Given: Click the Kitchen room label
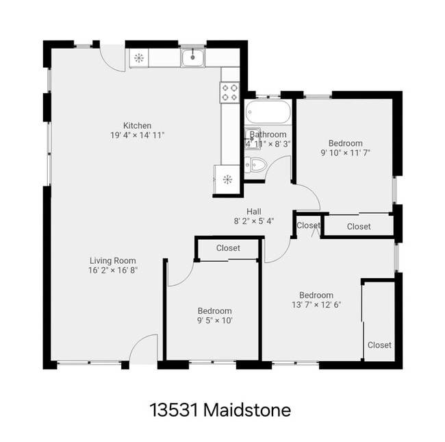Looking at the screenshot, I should [x=137, y=125].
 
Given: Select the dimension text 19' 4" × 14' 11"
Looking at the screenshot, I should [x=137, y=136].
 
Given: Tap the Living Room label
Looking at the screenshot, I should [x=113, y=260].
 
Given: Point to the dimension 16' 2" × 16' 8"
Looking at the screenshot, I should [x=113, y=271].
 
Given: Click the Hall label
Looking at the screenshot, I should [x=254, y=211].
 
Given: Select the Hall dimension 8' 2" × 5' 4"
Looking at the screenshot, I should [x=254, y=221].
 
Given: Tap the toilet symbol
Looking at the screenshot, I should [x=254, y=164].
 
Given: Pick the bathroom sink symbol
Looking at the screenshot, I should [x=252, y=135].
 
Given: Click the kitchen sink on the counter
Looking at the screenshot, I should [x=193, y=58].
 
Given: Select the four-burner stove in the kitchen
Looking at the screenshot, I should [x=229, y=93].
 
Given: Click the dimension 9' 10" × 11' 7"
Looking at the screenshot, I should [x=346, y=154].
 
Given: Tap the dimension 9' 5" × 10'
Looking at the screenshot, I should [x=215, y=320].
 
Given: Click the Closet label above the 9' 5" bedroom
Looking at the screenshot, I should [x=228, y=248].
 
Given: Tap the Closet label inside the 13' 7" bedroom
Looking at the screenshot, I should [x=379, y=345].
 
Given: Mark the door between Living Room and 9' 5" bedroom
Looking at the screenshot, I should [x=178, y=274].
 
